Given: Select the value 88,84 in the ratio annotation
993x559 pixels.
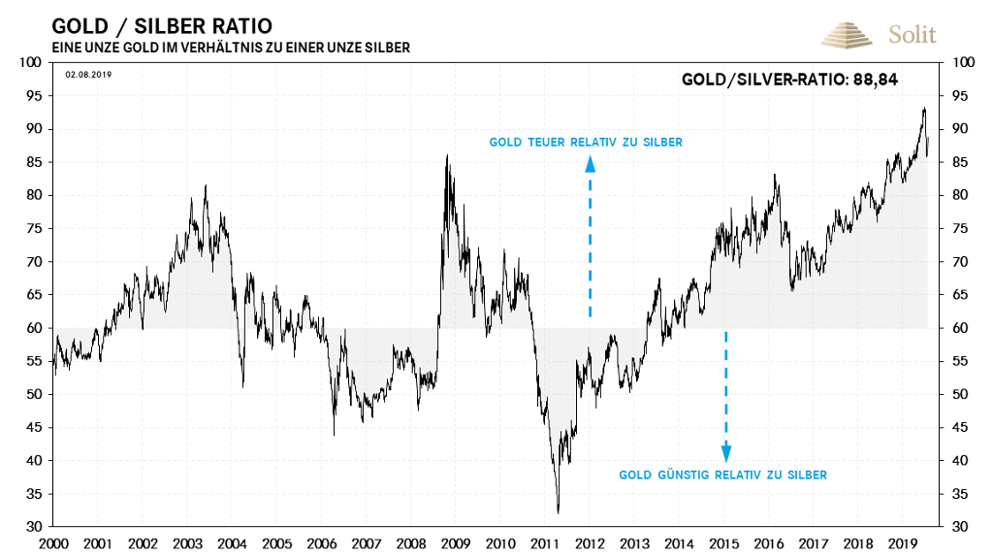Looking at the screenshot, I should point(875,80).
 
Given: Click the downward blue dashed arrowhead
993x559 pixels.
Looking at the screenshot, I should point(725,452).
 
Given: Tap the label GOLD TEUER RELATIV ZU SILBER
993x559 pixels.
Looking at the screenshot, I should point(586,142).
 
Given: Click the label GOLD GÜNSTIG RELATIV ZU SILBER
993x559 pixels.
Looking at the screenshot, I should point(722,475).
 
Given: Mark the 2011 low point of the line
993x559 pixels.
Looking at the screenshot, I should point(558,512).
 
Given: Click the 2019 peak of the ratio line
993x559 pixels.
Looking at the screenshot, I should point(923,108).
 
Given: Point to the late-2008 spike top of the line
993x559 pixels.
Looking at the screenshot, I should point(446,155).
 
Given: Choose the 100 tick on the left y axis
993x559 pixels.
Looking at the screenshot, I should point(32,63).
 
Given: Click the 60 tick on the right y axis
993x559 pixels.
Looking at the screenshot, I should point(962,328).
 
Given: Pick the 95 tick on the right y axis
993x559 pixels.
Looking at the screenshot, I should point(962,96).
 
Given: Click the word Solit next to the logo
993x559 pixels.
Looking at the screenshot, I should point(912,35).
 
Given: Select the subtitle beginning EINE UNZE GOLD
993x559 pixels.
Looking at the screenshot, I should point(230,48).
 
